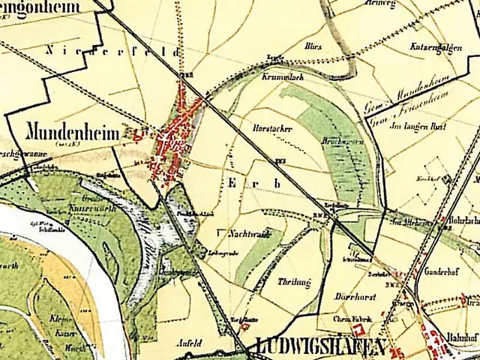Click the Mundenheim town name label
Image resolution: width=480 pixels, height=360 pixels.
73,133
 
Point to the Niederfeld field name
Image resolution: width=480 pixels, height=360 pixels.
112,52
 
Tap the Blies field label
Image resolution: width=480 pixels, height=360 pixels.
313,46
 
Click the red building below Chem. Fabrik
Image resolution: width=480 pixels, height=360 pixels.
360,331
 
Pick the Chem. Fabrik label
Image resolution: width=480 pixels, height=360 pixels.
352,318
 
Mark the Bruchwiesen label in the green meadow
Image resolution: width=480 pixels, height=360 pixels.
332,141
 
